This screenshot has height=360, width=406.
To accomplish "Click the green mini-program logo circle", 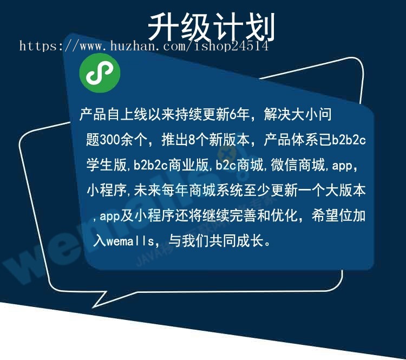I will (100, 73).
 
